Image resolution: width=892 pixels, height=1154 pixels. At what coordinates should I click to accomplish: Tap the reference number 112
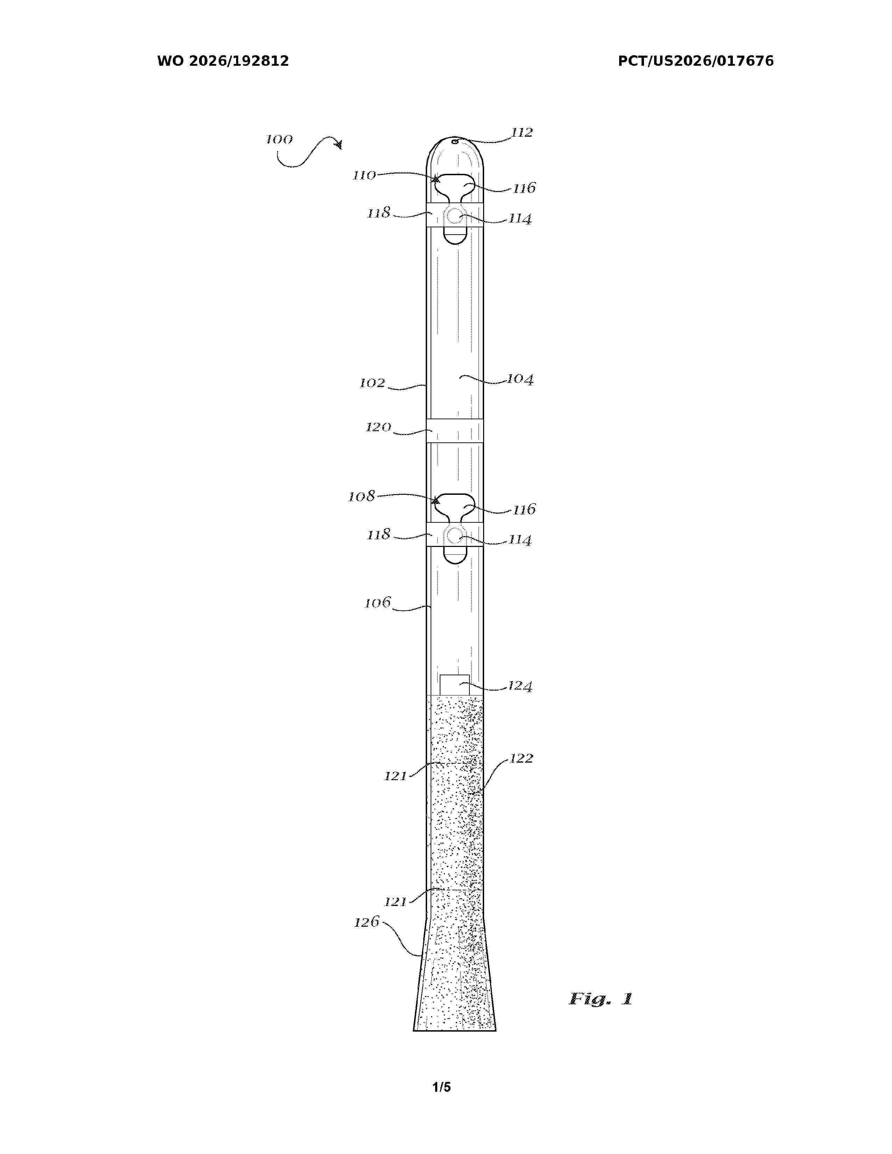pos(522,133)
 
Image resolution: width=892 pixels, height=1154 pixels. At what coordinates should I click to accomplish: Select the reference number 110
pos(364,176)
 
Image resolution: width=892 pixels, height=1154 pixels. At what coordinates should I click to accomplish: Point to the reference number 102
pos(373,383)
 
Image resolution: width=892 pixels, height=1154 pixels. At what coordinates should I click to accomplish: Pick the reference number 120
pos(378,427)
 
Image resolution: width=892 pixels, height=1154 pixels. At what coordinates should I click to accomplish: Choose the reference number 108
pos(361,497)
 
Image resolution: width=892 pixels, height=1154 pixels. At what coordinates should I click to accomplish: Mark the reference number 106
pos(378,603)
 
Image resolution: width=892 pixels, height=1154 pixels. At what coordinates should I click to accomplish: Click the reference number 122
pos(522,759)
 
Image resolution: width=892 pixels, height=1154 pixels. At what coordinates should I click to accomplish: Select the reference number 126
pos(367,922)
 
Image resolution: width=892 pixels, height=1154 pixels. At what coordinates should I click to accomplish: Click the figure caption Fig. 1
pos(601,999)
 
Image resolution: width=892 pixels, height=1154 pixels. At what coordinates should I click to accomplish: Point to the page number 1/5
pos(442,1087)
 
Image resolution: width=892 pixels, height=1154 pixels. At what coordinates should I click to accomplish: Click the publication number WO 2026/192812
pos(223,61)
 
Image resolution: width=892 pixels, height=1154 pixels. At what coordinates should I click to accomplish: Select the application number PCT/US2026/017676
pos(696,61)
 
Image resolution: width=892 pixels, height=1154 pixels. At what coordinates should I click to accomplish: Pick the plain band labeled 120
pos(454,430)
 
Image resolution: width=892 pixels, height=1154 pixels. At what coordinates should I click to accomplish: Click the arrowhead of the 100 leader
pos(338,144)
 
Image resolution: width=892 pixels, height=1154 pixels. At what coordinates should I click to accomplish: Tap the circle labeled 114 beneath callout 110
pos(454,215)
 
